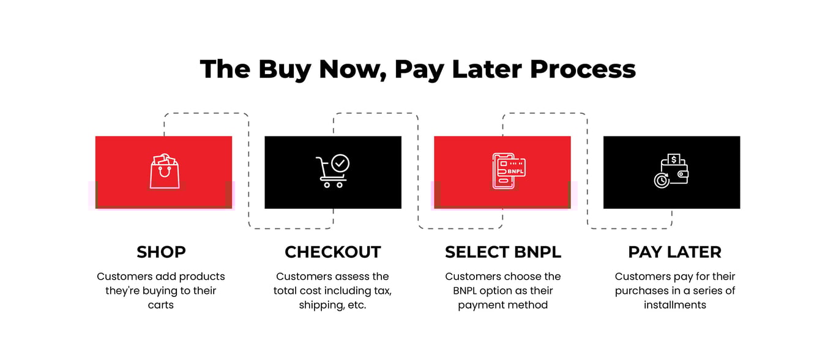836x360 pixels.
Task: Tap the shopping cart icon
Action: (x=331, y=171)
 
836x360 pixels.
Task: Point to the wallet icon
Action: (x=671, y=171)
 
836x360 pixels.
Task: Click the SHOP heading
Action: (x=161, y=252)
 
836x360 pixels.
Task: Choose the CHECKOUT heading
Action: (x=332, y=252)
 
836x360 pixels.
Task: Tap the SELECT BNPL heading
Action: (x=502, y=252)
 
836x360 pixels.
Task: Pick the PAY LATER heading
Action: (x=674, y=252)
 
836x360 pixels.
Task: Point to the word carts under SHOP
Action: (x=161, y=305)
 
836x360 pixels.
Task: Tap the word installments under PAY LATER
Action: (x=674, y=305)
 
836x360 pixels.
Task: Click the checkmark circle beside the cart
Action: (x=340, y=163)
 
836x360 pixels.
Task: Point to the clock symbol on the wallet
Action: (x=661, y=181)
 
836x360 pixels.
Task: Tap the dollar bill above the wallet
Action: (x=674, y=159)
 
